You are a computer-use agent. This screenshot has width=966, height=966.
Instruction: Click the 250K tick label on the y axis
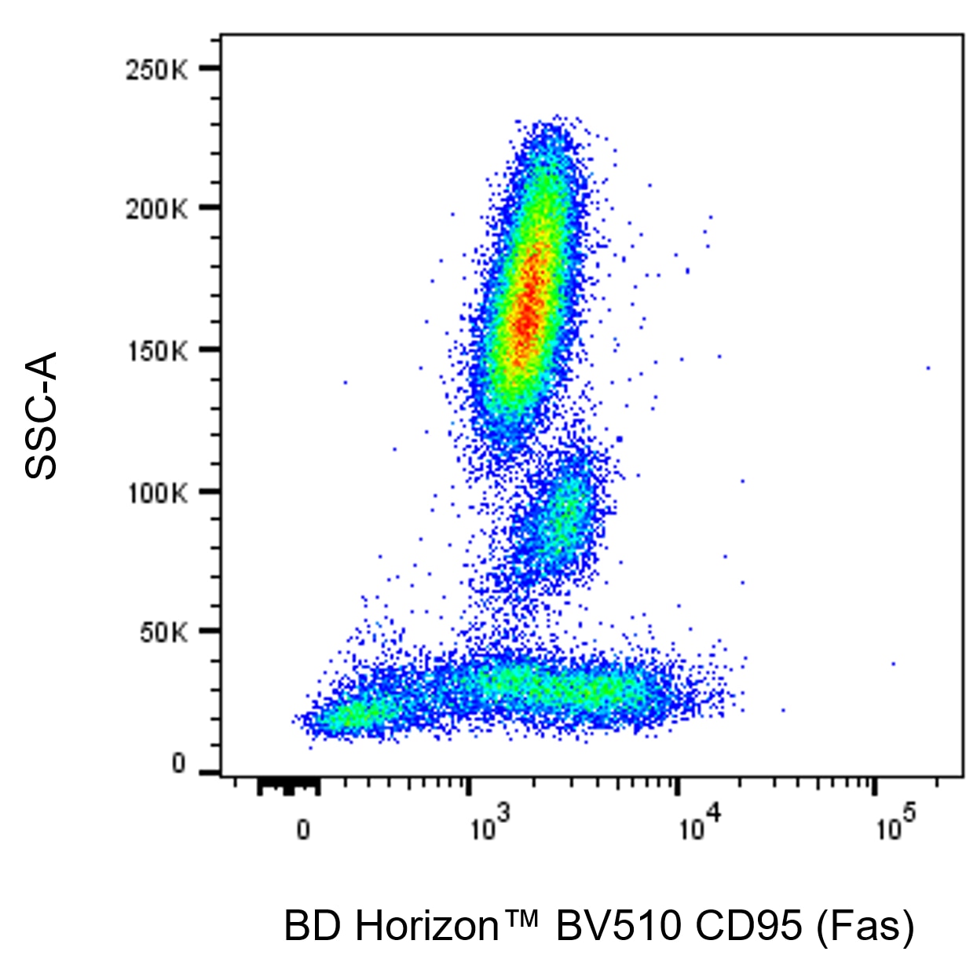pos(157,70)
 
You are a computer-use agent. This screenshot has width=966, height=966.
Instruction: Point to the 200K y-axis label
pos(157,209)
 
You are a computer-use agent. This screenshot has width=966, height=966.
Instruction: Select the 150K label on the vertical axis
pos(157,351)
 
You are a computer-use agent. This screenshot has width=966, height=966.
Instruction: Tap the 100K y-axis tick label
pos(157,493)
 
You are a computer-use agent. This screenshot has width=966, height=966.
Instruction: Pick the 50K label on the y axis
pos(163,632)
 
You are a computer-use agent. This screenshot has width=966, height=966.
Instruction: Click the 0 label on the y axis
pos(179,763)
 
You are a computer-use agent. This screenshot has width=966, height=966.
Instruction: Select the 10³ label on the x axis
pos(489,825)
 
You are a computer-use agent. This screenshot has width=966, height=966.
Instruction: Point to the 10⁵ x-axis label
pos(896,825)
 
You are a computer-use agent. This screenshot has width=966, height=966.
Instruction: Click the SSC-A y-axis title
pos(42,415)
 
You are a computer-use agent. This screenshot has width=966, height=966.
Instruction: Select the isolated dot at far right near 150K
pos(928,368)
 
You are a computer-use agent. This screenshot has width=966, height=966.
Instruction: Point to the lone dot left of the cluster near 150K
pos(345,382)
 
